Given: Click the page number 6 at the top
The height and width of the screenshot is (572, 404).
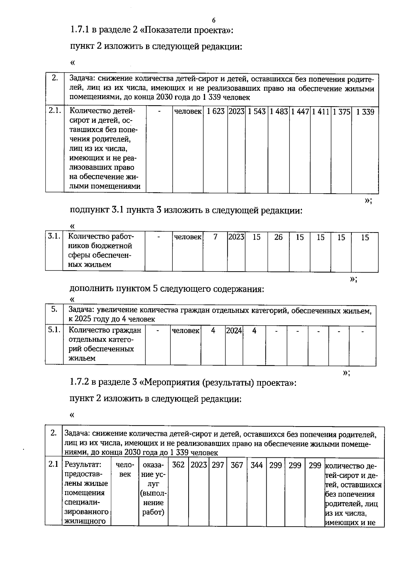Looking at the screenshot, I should pos(214,20).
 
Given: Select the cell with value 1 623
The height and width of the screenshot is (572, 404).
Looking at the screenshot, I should pos(215,112).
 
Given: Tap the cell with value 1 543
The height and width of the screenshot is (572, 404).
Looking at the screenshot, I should pos(257,112).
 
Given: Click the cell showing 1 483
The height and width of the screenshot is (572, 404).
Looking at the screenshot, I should pos(279,112).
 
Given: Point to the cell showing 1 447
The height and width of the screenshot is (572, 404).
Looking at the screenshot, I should pos(300,112).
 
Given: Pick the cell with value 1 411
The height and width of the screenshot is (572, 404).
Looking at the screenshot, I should pos(321,112).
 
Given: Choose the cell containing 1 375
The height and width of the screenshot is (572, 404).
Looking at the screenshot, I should pos(341,112).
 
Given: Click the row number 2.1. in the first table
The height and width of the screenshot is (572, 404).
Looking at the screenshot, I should pos(55,111).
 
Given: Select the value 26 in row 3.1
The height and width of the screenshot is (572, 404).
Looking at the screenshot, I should pos(278,237).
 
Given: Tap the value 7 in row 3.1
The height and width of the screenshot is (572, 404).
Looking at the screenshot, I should pos(215,237).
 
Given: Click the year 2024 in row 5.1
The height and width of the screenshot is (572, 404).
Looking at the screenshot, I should pos(234,331).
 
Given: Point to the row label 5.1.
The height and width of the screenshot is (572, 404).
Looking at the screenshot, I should pos(54,330).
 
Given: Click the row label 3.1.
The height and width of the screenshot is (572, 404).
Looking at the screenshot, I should pos(54,236).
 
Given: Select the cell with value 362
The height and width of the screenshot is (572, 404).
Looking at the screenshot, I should pos(178,465).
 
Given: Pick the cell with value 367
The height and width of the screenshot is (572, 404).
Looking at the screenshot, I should pos(237,465).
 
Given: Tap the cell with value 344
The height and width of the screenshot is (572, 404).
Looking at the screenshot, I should pos(257,465).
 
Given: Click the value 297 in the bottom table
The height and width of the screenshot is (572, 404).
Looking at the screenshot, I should pos(218,465).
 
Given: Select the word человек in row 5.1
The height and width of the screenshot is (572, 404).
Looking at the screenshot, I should pos(186,331).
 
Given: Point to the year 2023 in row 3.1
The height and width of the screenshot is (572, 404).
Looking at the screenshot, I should pos(236,237).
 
